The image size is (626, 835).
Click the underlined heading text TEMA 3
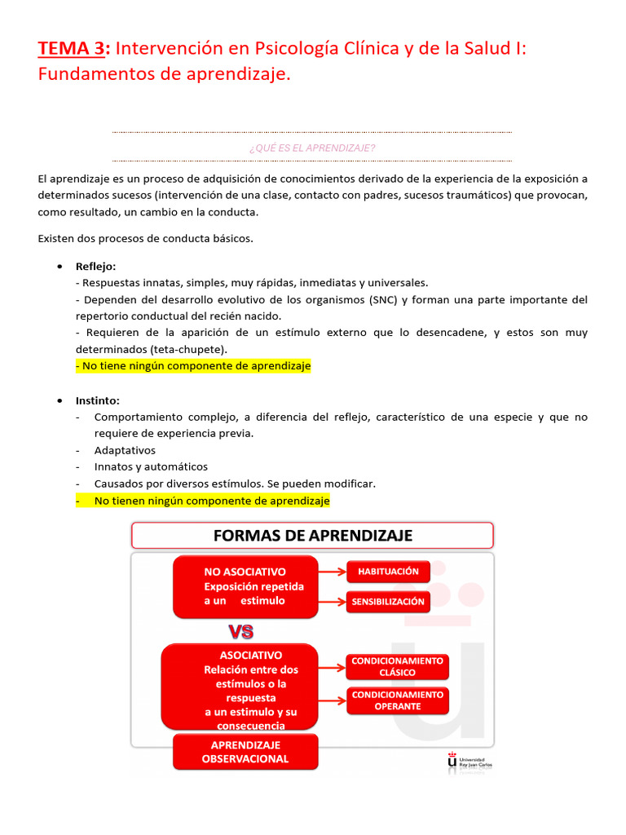click(73, 49)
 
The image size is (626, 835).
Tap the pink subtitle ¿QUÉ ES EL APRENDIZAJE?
click(311, 148)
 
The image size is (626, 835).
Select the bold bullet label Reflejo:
click(95, 266)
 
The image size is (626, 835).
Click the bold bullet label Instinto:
click(97, 400)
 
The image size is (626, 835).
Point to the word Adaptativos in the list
click(125, 450)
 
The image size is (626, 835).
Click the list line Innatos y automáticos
click(151, 466)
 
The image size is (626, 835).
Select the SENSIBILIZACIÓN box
click(388, 602)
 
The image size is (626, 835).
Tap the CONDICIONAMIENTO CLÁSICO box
click(397, 666)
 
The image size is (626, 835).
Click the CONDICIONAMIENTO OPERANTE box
click(397, 700)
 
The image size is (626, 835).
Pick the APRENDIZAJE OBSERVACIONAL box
click(245, 752)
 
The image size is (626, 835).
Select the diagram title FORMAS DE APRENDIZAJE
click(312, 536)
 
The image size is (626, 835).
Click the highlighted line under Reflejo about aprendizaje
click(193, 367)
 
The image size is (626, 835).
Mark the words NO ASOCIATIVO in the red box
click(245, 572)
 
